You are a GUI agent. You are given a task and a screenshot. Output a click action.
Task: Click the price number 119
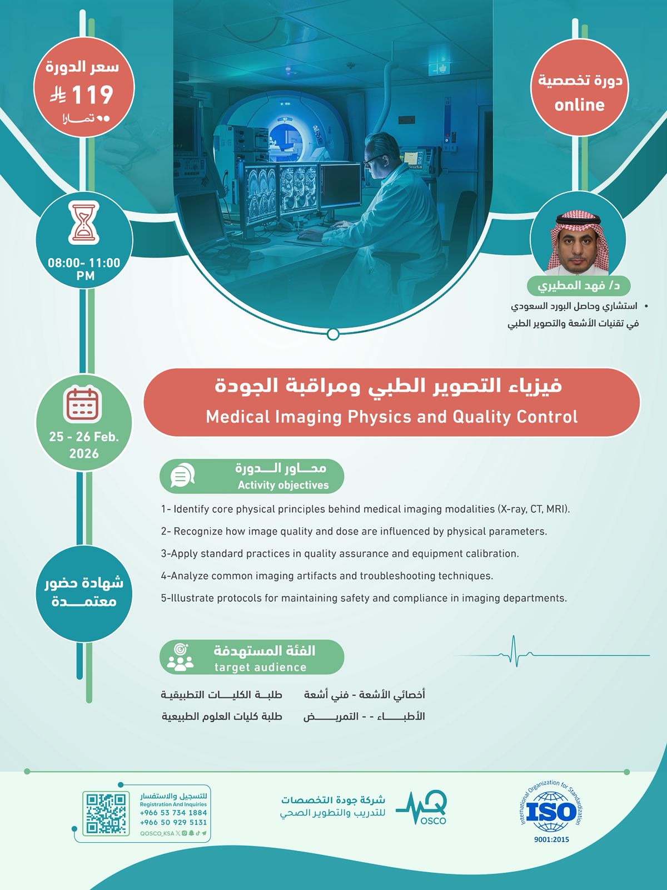coord(92,95)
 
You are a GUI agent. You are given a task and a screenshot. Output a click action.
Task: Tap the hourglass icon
coord(84,224)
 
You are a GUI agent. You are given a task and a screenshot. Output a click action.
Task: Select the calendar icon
coord(83,404)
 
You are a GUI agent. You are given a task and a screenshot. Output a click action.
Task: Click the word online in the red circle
coord(579,105)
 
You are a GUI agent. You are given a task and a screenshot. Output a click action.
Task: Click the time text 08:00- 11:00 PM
coord(84,269)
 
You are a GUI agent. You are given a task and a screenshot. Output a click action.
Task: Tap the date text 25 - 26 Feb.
coord(84,437)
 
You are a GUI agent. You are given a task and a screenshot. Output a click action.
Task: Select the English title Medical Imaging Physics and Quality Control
coord(391,417)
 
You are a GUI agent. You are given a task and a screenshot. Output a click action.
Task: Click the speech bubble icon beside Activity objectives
coord(182,476)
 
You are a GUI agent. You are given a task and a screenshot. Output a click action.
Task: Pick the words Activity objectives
coord(283,485)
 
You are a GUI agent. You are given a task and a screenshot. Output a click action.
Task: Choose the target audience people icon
coord(181,657)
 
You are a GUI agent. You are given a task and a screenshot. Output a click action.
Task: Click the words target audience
coord(260,667)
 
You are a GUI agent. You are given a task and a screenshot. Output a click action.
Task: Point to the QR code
coord(105,814)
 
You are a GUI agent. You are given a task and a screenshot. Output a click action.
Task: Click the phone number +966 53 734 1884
coord(173,813)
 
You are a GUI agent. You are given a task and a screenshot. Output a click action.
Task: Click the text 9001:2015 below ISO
coord(551,839)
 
